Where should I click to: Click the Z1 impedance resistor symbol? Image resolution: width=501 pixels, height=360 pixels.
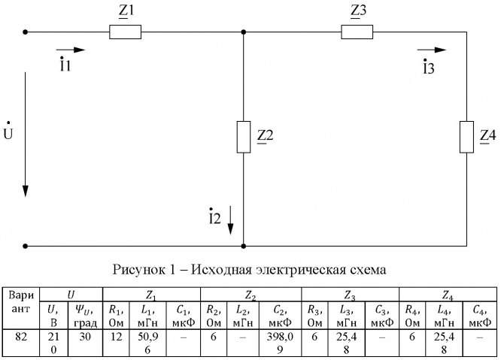tap(125, 32)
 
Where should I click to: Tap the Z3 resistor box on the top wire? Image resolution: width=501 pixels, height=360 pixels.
tap(357, 32)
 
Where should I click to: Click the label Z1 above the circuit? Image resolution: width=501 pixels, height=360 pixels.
tap(125, 11)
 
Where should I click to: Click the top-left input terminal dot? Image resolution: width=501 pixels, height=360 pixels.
tap(26, 32)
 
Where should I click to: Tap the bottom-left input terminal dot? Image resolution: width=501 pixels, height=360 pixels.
tap(26, 246)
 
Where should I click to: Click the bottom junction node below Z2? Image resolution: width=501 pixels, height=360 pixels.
tap(243, 246)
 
